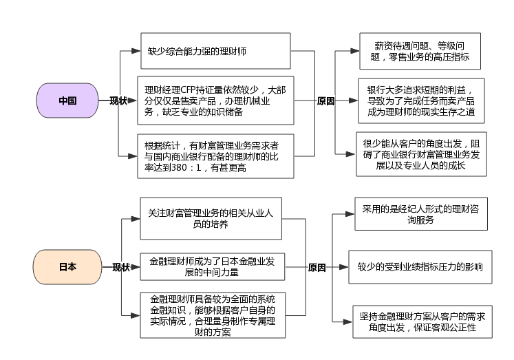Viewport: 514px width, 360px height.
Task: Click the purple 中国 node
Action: (x=67, y=100)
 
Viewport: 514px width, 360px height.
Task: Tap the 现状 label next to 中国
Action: (x=118, y=101)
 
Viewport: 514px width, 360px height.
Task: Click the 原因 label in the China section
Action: (x=325, y=101)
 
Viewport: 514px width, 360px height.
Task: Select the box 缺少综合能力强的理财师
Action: (x=215, y=51)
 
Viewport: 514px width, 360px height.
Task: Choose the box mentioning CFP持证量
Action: (x=215, y=100)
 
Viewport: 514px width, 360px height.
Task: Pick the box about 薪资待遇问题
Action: (x=420, y=51)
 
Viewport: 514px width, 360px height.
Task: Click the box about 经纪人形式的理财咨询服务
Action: (x=420, y=213)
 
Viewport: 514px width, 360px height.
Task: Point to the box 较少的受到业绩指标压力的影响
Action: (x=420, y=267)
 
